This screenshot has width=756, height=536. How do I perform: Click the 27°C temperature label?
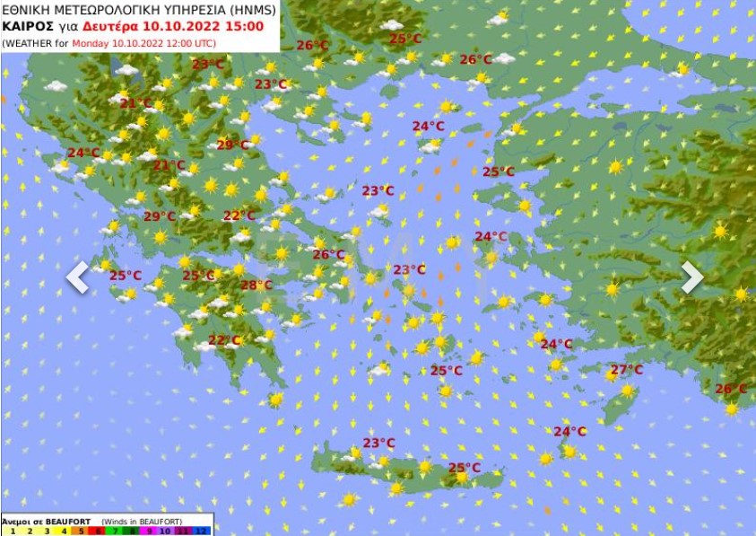(627, 370)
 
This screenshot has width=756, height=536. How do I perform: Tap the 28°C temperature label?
(256, 286)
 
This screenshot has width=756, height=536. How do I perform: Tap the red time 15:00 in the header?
(246, 27)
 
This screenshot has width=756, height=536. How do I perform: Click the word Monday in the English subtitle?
(90, 42)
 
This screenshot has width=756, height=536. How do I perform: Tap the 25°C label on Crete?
(464, 467)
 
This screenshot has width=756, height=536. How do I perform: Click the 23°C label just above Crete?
(378, 443)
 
